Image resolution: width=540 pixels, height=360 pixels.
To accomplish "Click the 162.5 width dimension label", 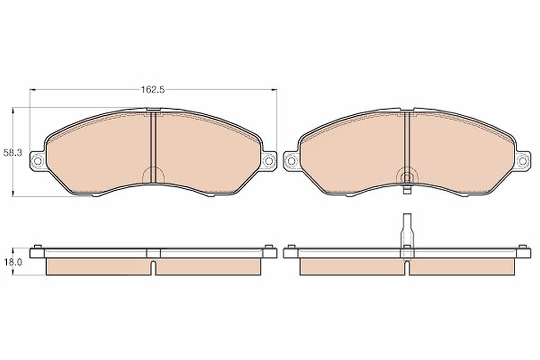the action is tap(153, 90).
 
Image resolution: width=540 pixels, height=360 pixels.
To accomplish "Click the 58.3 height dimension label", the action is tap(13, 153).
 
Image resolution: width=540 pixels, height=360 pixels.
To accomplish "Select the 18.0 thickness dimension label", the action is tap(13, 262).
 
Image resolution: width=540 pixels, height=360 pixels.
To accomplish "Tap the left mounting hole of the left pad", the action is tap(38, 161).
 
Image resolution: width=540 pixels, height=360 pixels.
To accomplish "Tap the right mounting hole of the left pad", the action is tap(269, 161).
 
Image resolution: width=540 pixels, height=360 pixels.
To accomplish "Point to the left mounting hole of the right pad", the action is tap(292, 161).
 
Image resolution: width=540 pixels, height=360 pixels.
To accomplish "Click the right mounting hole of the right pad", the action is tap(522, 161).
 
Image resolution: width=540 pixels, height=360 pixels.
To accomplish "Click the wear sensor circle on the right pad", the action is tap(407, 178).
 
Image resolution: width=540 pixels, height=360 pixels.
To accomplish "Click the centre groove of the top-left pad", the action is tap(153, 147).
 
